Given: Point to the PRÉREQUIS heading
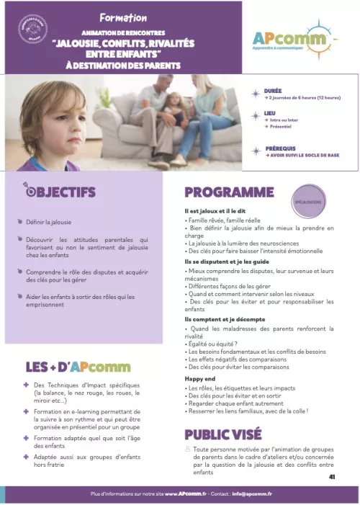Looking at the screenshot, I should [283, 149].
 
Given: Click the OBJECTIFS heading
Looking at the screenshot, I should [63, 192].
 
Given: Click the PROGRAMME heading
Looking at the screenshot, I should [229, 192].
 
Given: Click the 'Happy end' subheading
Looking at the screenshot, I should [199, 378].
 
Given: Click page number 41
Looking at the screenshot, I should [332, 476].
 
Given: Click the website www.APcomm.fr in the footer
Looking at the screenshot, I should [182, 494].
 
